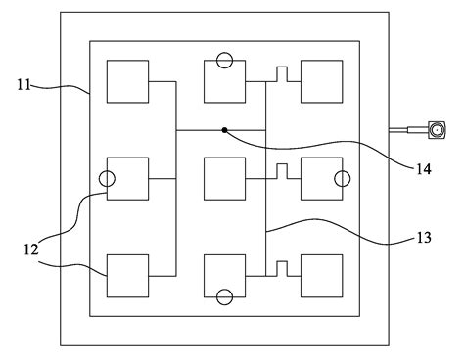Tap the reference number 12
[x=30, y=249]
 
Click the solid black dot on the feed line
[x=224, y=129]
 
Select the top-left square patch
[x=127, y=81]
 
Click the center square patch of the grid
[x=224, y=178]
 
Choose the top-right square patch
[x=321, y=81]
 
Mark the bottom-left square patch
[x=127, y=275]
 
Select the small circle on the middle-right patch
[x=342, y=178]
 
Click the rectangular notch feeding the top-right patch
[x=281, y=74]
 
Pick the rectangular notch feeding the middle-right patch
[x=281, y=171]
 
